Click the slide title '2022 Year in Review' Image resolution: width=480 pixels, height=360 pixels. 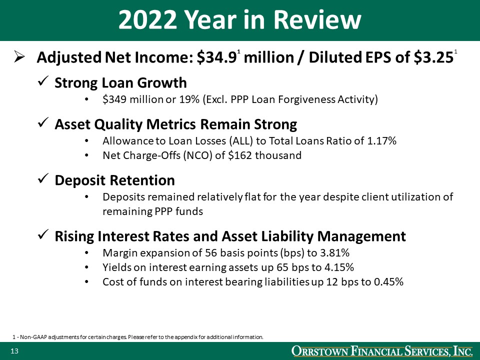(239, 20)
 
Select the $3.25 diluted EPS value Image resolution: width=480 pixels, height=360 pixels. (432, 58)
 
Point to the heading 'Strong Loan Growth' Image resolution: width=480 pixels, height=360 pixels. (120, 82)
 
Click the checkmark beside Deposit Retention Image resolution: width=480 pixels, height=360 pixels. (43, 180)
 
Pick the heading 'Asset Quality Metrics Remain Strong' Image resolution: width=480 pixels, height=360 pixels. (175, 123)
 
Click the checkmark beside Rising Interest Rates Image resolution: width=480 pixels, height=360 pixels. (43, 235)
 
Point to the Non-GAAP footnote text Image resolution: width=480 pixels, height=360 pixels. (137, 337)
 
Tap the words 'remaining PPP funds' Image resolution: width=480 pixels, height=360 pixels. (152, 211)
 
